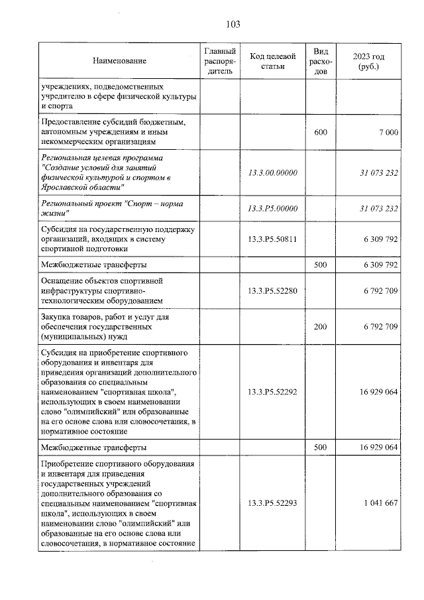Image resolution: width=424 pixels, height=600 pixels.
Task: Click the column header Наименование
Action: point(120,61)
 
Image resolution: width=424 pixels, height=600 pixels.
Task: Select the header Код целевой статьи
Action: point(272,61)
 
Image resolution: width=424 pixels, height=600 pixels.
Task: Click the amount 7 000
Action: point(388,133)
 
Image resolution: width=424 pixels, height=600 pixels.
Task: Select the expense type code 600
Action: point(320,133)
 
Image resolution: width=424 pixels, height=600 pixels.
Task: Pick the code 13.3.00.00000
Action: point(272,172)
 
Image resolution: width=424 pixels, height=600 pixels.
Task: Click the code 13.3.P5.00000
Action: point(272,209)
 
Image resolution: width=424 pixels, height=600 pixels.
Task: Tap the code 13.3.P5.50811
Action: point(272,239)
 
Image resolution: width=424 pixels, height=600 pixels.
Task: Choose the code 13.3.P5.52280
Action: point(272,290)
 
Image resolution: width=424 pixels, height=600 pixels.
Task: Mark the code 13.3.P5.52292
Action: point(272,392)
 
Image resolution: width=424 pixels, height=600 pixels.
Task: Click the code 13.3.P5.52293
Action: point(272,503)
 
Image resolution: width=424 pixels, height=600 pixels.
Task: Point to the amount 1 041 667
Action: point(380,503)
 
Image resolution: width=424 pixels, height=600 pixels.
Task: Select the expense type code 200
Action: point(320,326)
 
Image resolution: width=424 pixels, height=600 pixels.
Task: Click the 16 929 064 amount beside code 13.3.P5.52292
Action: point(376,392)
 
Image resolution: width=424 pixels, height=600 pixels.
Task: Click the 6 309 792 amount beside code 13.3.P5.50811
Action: point(378,239)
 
